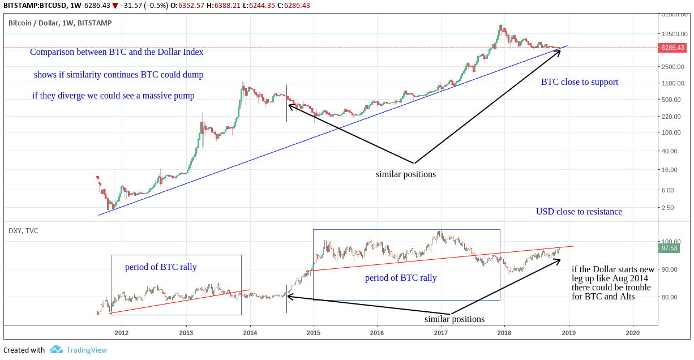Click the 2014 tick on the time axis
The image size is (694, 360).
(250, 333)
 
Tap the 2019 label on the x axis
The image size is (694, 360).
(568, 333)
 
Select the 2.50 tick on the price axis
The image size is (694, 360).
(668, 208)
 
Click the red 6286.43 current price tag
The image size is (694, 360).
(672, 48)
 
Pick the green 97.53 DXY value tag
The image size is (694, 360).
(669, 248)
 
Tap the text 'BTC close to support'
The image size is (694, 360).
(580, 82)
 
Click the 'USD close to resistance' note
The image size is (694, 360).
(579, 212)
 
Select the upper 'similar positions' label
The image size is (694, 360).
(406, 174)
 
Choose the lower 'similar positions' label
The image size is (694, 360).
(455, 319)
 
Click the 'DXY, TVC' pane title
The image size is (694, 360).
(23, 230)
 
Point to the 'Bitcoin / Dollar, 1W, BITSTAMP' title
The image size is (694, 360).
(60, 23)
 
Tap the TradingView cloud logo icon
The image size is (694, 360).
(56, 350)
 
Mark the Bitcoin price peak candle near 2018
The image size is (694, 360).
(500, 27)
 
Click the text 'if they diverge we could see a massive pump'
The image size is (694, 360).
(113, 96)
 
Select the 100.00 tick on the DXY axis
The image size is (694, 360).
(671, 242)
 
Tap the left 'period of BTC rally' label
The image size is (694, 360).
(161, 267)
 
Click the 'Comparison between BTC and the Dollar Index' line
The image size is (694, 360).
(117, 52)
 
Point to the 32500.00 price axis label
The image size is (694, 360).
(672, 15)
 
